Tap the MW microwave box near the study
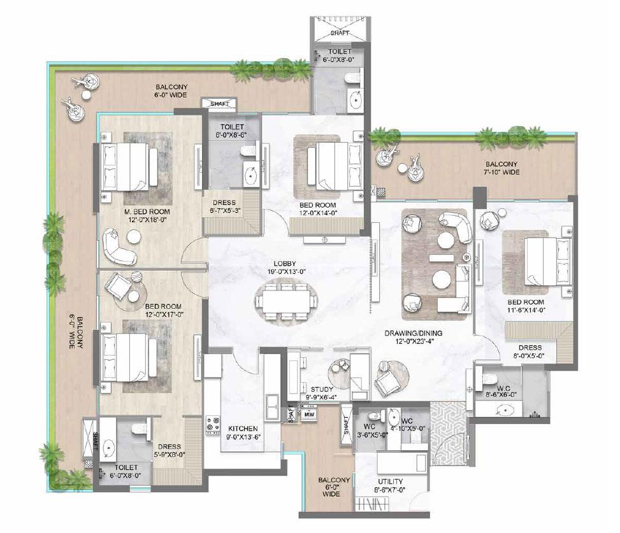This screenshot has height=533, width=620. [x=310, y=415]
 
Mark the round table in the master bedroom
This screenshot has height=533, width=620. [x=134, y=237]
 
